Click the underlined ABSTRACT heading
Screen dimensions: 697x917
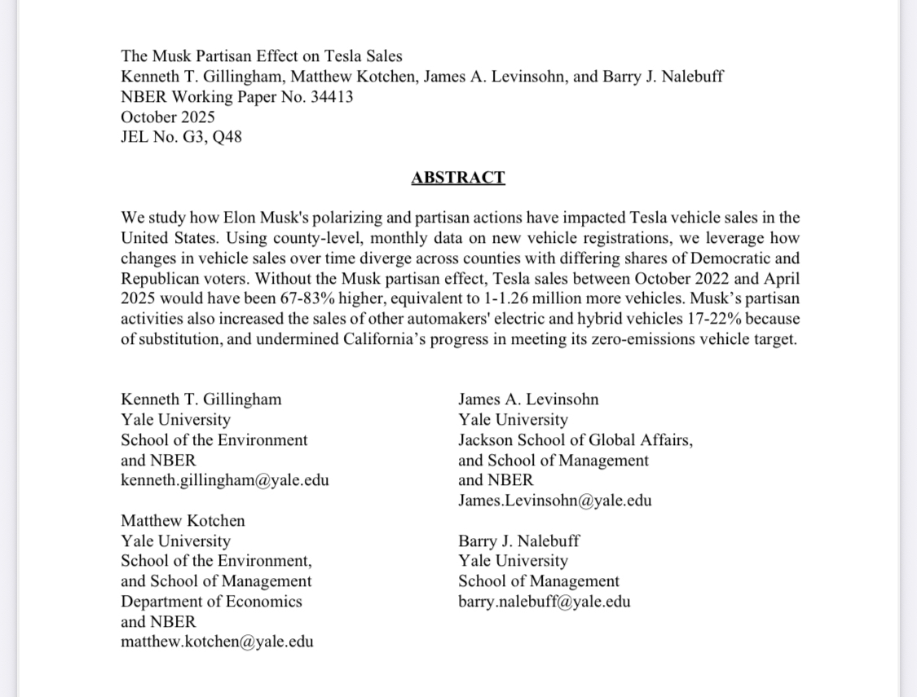pos(457,178)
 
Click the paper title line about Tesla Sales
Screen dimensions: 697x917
pos(262,56)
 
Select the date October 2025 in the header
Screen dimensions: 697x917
pos(168,117)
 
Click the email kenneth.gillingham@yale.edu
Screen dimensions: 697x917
pos(225,480)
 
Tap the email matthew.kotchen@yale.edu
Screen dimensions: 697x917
pos(217,642)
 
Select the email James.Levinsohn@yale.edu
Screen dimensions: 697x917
pos(554,501)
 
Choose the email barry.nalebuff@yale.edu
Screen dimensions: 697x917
pos(544,602)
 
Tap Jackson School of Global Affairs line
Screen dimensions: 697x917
pos(575,440)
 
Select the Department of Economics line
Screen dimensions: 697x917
pos(211,602)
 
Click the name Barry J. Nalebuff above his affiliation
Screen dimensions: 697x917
pos(519,541)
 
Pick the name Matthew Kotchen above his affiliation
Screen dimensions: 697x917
pos(183,521)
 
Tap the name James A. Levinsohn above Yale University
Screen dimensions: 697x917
pos(528,399)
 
